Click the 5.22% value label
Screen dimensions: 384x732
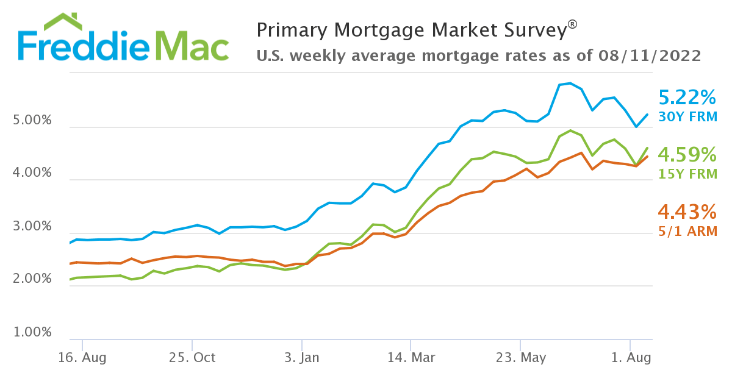687,98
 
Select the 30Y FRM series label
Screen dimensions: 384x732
687,116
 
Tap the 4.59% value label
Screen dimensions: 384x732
687,154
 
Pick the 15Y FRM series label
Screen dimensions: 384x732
687,173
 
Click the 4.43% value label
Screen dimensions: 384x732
687,212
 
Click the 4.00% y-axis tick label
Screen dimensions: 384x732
32,173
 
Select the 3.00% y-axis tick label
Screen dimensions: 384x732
32,227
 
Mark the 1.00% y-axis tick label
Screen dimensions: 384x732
32,333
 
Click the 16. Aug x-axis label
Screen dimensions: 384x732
82,358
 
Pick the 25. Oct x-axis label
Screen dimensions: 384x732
192,358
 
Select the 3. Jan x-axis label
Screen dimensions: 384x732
301,358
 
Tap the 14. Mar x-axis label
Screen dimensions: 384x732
411,358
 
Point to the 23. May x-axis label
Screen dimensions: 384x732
520,358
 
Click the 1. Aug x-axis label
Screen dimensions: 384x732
630,358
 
